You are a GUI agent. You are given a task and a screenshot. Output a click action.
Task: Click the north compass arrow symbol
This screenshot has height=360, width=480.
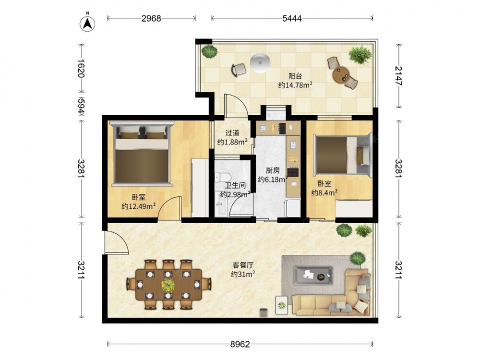pyautogui.click(x=87, y=23)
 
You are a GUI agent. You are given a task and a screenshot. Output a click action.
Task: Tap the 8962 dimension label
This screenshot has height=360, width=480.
pyautogui.click(x=240, y=344)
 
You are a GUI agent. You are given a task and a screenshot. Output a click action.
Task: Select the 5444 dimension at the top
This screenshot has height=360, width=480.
pyautogui.click(x=292, y=19)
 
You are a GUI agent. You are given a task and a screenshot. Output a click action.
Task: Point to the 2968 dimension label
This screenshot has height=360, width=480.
pyautogui.click(x=151, y=19)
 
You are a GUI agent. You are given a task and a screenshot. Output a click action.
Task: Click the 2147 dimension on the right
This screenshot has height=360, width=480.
pyautogui.click(x=398, y=76)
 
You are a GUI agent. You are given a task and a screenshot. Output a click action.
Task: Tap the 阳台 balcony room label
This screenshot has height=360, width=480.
pyautogui.click(x=295, y=76)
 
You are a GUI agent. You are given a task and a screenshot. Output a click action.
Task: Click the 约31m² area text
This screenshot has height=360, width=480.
pyautogui.click(x=243, y=274)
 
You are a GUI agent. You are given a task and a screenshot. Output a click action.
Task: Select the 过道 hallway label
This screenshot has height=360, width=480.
pyautogui.click(x=232, y=133)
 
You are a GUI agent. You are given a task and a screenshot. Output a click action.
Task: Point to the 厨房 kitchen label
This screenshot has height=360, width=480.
pyautogui.click(x=273, y=170)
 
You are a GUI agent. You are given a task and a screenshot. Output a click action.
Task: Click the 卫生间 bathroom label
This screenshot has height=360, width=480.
pyautogui.click(x=235, y=185)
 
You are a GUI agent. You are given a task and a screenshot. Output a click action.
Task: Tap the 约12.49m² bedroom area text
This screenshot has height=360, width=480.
pyautogui.click(x=139, y=206)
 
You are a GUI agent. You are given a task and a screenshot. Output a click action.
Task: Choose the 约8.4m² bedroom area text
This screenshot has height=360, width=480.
pyautogui.click(x=324, y=192)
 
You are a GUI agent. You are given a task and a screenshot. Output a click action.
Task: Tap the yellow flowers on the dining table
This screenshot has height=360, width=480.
pyautogui.click(x=168, y=285)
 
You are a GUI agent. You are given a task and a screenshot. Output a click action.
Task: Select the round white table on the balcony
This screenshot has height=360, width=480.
pyautogui.click(x=260, y=63)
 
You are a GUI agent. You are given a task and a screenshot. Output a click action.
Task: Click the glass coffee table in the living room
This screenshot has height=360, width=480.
pyautogui.click(x=313, y=275)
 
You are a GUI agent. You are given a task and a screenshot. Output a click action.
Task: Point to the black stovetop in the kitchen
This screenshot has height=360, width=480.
pyautogui.click(x=293, y=172)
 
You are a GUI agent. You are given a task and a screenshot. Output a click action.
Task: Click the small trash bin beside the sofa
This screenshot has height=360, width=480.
pyautogui.click(x=264, y=312)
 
